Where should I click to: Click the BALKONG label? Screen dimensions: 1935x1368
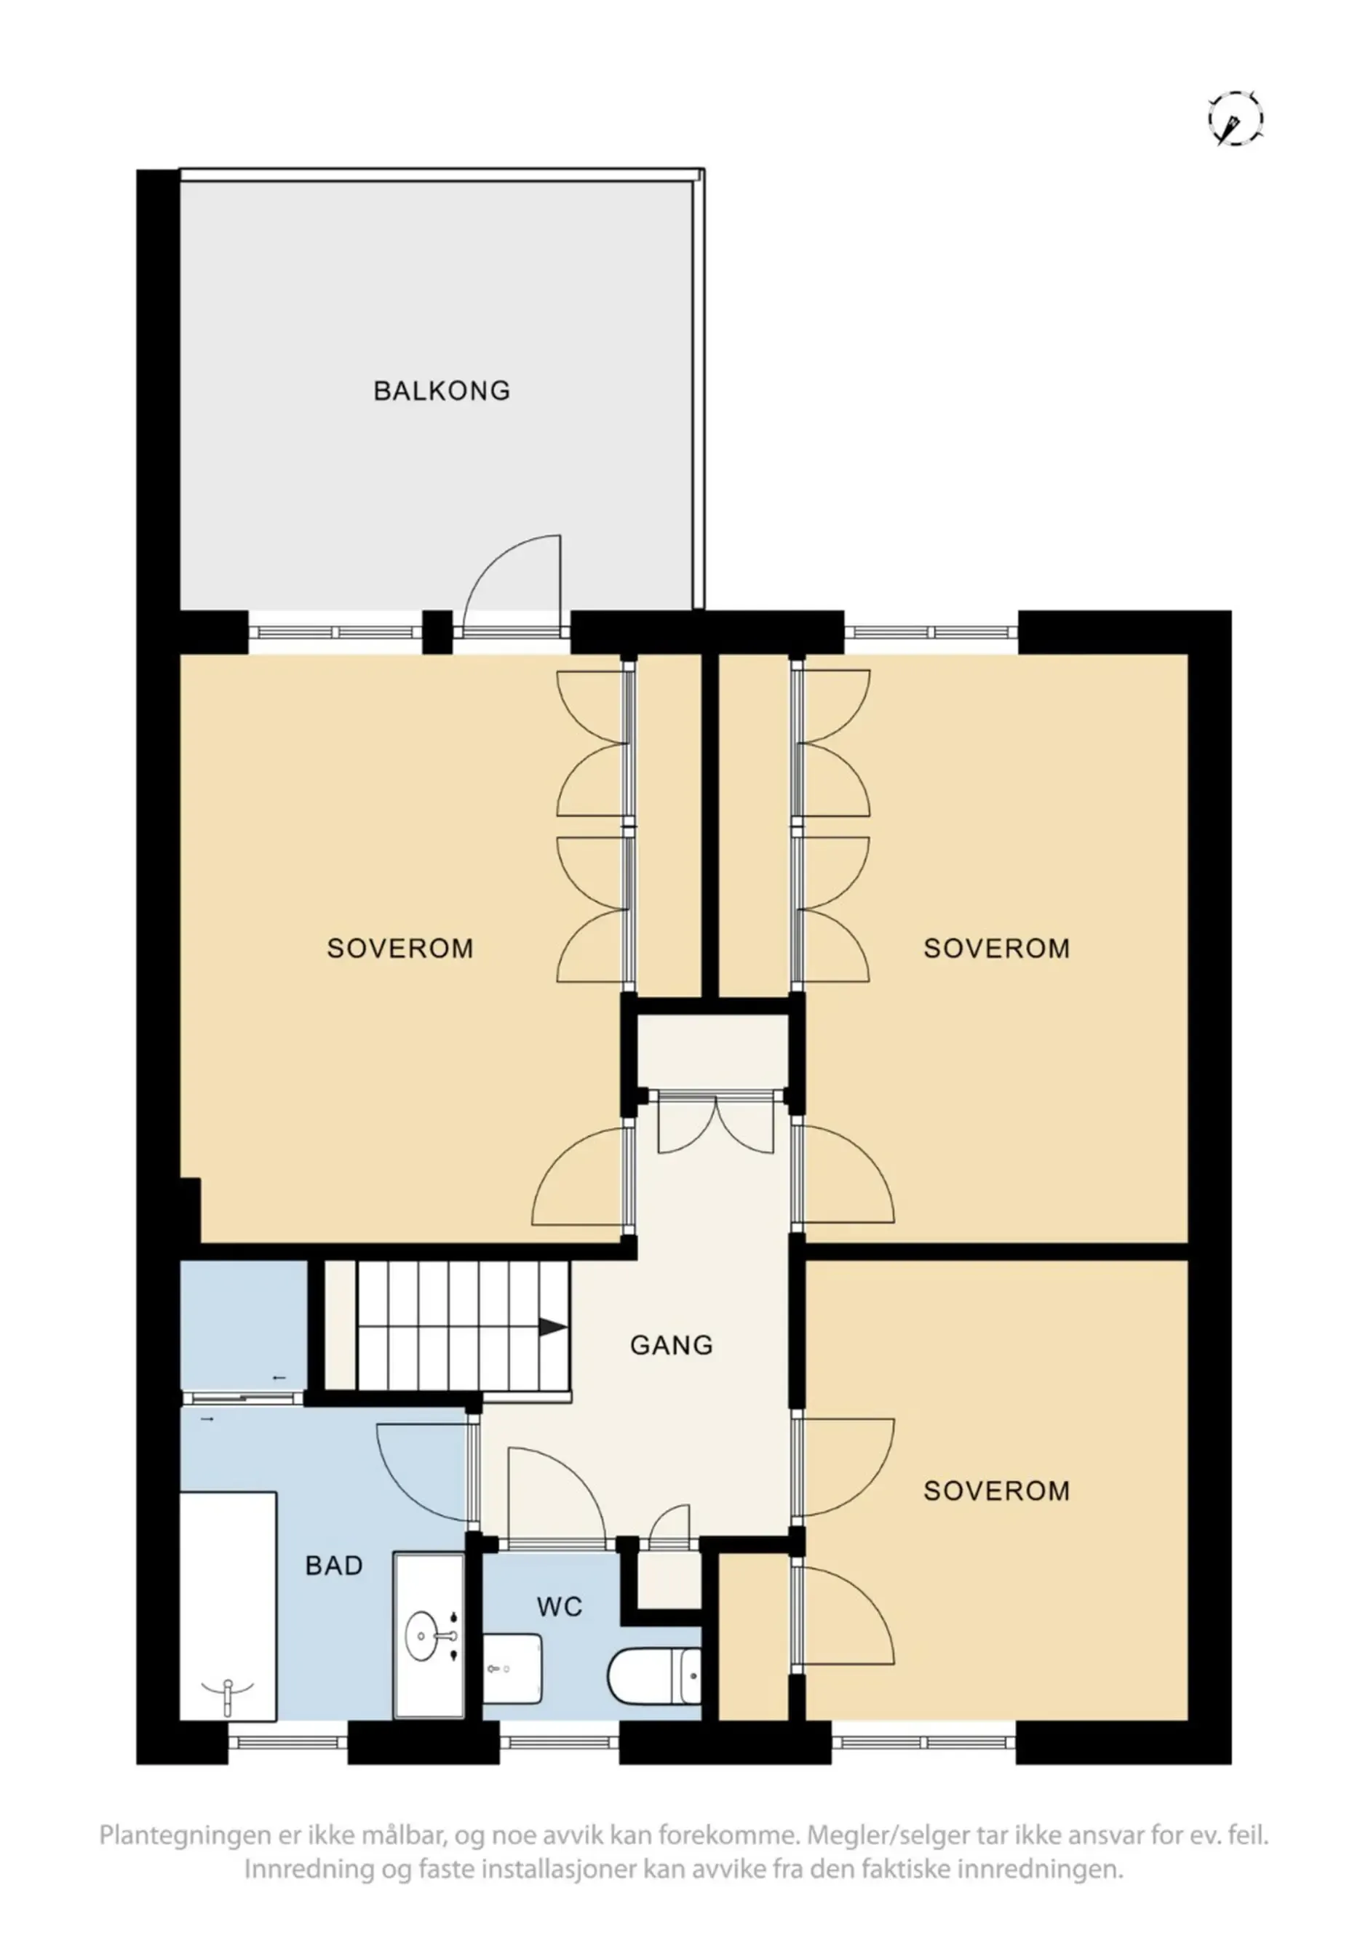click(x=442, y=391)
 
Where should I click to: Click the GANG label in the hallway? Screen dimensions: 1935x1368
click(x=671, y=1344)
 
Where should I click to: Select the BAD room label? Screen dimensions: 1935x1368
click(x=334, y=1566)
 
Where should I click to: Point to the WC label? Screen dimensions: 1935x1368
click(x=560, y=1607)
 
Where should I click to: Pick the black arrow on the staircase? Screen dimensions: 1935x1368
click(x=552, y=1328)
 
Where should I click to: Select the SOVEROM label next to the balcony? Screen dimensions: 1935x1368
click(x=399, y=949)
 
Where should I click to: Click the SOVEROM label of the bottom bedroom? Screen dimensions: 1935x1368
click(x=996, y=1491)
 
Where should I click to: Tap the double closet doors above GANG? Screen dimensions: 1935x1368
click(x=715, y=1125)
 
